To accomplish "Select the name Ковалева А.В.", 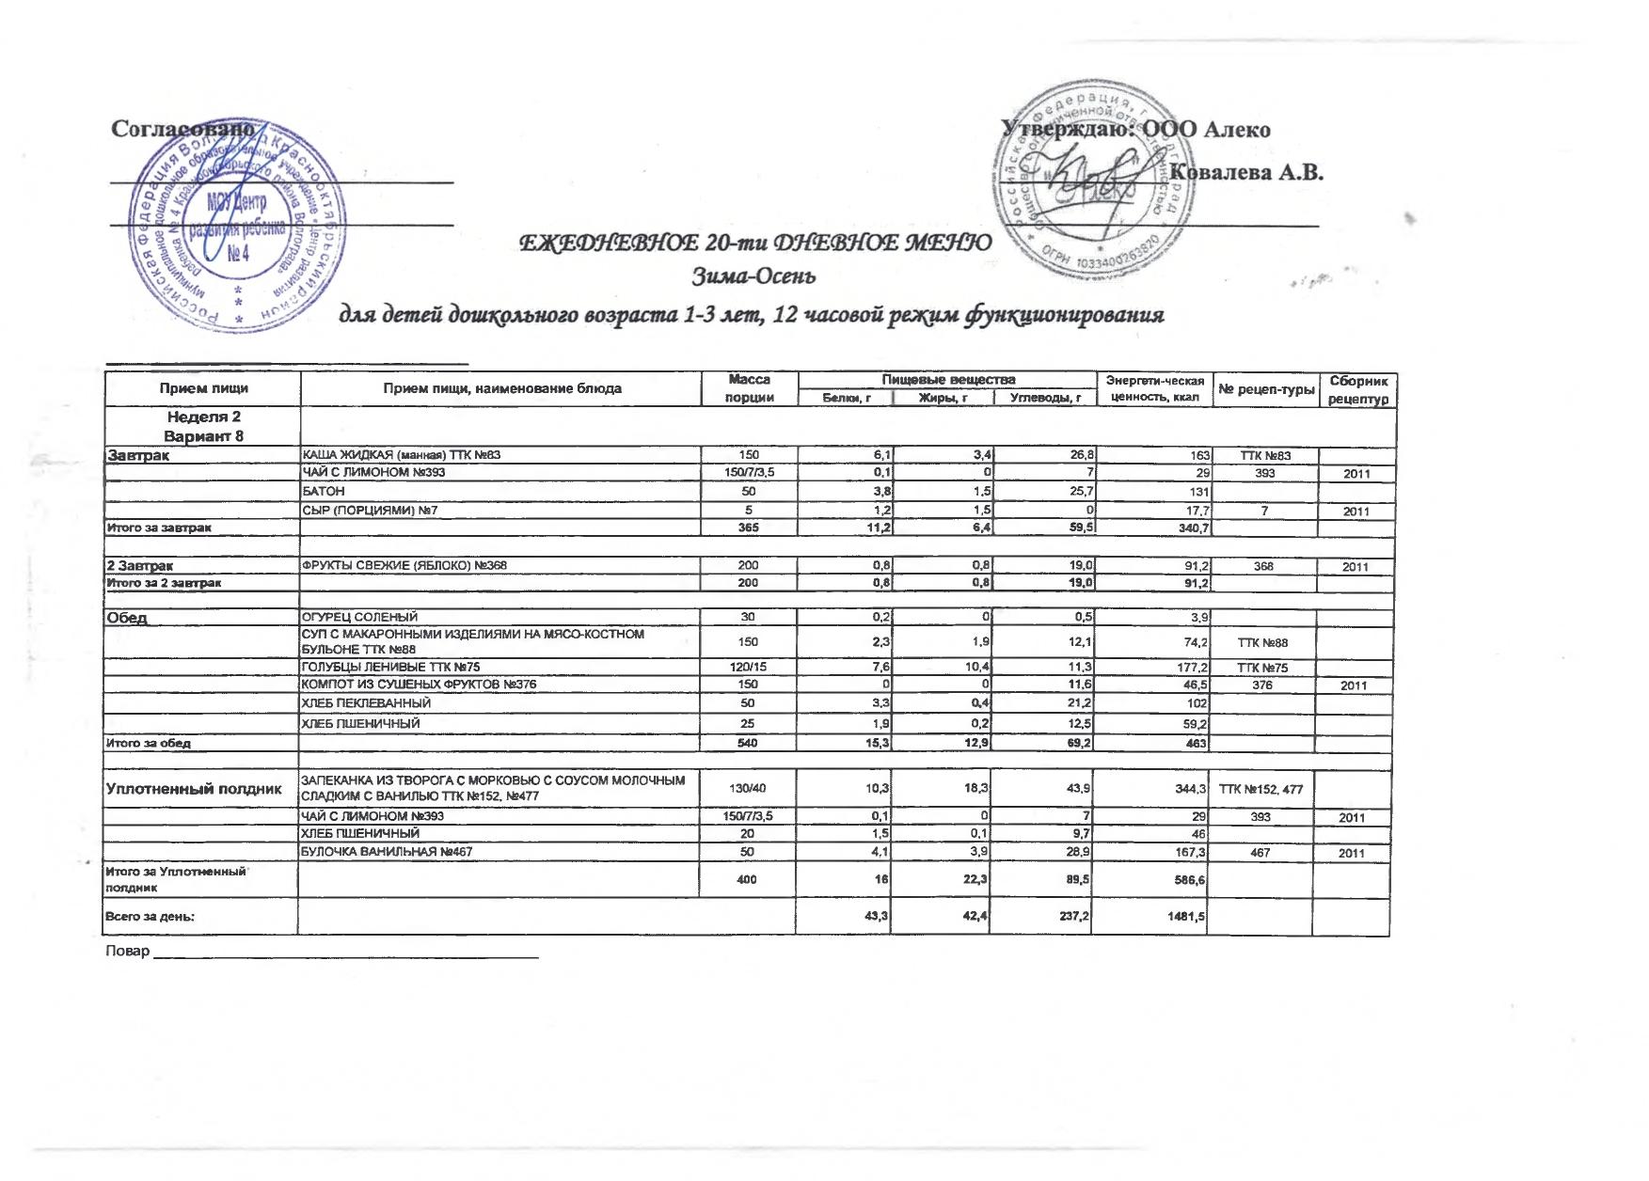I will point(1245,173).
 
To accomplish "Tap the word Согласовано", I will point(182,129).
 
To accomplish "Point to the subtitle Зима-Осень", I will point(753,276).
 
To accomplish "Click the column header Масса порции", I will point(749,388).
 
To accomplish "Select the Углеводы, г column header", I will point(1045,398).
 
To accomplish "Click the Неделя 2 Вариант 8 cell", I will point(203,426).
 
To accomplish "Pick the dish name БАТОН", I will point(323,491).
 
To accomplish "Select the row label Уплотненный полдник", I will point(195,789).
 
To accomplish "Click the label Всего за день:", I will point(150,917).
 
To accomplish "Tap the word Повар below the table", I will point(128,952).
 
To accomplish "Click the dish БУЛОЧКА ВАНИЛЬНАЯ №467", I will point(386,852).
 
